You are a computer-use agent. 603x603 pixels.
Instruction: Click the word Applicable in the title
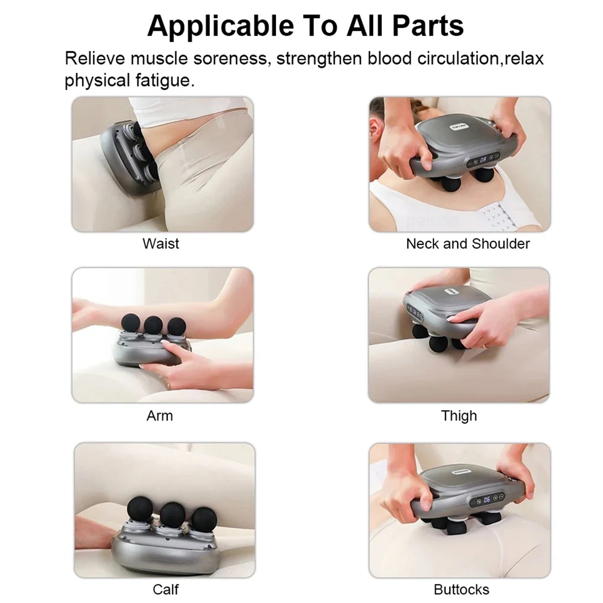(221, 26)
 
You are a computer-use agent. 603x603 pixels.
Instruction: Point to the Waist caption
(160, 244)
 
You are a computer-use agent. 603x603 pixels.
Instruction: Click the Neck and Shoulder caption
(468, 244)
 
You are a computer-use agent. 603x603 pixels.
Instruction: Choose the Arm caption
(160, 415)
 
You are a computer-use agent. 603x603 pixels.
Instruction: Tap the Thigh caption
(459, 415)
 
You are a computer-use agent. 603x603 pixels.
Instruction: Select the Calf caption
(166, 589)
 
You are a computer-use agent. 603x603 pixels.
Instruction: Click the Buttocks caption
(461, 589)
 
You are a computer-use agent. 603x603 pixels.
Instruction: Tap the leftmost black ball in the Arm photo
(130, 322)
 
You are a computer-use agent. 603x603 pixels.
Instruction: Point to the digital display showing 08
(483, 159)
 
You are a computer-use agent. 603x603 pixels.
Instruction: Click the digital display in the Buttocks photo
(487, 499)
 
